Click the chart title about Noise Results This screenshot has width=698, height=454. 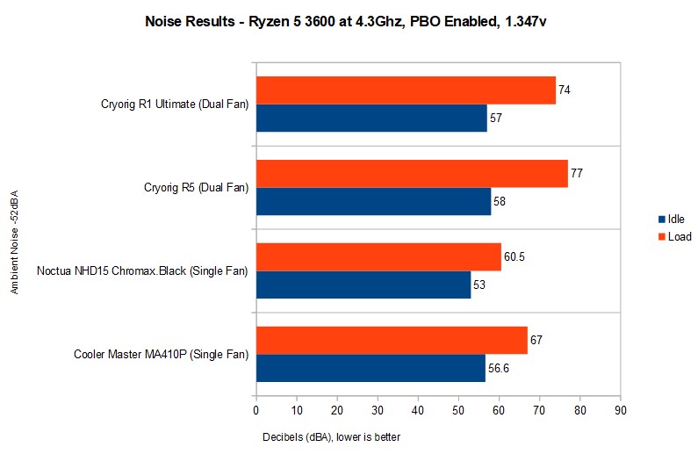click(349, 23)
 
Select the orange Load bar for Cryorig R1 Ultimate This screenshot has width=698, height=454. click(406, 90)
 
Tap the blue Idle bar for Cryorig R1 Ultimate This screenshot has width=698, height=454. click(371, 118)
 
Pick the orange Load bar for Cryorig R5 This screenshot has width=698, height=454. click(412, 174)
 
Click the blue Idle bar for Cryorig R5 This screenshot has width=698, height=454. click(373, 201)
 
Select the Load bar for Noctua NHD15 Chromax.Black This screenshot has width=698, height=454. click(378, 256)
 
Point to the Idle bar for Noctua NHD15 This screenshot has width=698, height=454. click(363, 285)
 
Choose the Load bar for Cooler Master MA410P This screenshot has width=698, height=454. click(392, 340)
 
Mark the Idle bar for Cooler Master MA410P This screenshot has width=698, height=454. click(371, 368)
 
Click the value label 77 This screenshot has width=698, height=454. click(577, 174)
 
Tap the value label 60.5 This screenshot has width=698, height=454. click(515, 256)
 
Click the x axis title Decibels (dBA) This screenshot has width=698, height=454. click(332, 436)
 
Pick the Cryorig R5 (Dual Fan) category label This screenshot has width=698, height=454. click(196, 187)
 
